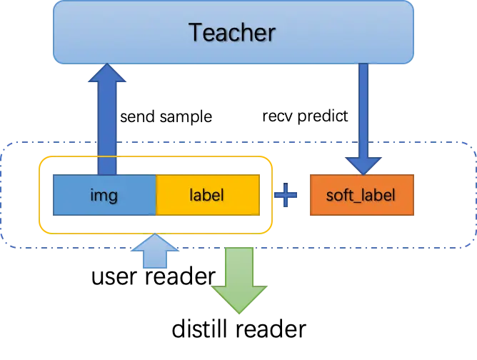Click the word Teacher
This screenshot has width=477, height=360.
point(231,32)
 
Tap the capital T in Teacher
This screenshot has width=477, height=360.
point(196,32)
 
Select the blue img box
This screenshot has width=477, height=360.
point(104,194)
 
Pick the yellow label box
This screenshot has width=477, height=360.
point(207,194)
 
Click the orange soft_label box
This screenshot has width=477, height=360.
point(361,194)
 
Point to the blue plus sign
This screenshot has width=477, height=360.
point(286,195)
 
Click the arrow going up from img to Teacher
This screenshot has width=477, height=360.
point(107,121)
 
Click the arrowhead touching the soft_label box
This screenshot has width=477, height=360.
point(363,165)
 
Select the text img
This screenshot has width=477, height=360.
point(104,194)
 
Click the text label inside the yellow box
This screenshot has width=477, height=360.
point(207,194)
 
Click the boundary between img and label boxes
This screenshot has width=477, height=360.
point(156,194)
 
